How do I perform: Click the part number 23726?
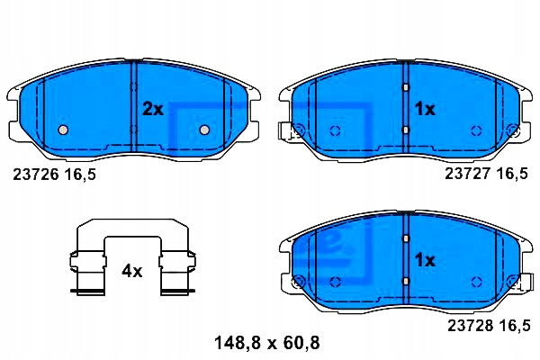(36, 175)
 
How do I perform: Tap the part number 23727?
(467, 174)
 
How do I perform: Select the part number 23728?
(470, 325)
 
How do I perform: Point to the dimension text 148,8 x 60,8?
(267, 343)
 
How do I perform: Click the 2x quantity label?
(153, 109)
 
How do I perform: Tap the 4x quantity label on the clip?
(132, 272)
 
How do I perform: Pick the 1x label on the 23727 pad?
(425, 109)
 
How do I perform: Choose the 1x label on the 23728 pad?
(425, 260)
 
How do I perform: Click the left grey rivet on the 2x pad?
(63, 130)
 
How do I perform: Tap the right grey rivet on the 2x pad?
(204, 130)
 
